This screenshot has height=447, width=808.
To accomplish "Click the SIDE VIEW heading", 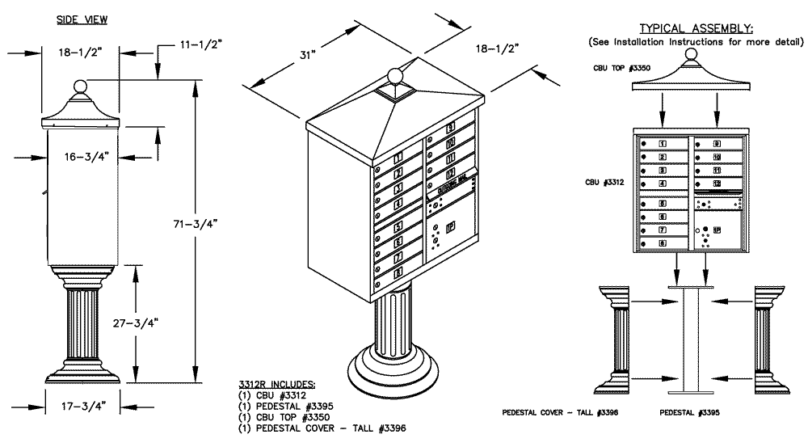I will tap(82, 18).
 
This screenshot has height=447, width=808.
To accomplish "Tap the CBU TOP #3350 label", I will tap(621, 69).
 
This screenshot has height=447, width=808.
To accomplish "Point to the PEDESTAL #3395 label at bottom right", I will tap(687, 413).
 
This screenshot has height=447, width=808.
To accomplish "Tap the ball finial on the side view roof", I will tap(80, 87).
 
